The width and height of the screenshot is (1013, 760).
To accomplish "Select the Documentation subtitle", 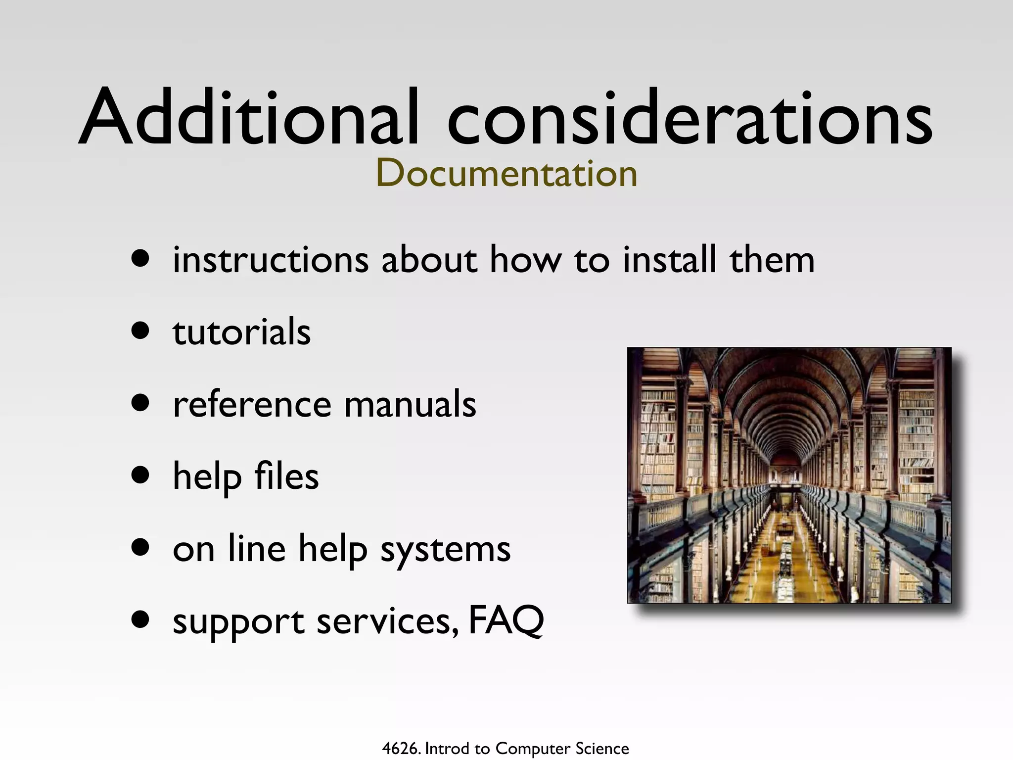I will (506, 173).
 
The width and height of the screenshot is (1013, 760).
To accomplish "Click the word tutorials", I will (242, 332).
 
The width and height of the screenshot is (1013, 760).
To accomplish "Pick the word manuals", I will (410, 404).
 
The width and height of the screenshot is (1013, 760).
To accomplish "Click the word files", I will (286, 476).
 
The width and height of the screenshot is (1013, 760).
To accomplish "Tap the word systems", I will (445, 549).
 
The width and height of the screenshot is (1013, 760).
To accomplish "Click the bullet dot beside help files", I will (141, 475).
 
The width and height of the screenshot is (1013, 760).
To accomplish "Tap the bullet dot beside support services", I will (141, 619).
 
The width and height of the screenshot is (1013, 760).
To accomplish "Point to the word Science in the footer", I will (602, 749).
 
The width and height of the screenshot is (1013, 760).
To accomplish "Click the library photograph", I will (789, 475).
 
